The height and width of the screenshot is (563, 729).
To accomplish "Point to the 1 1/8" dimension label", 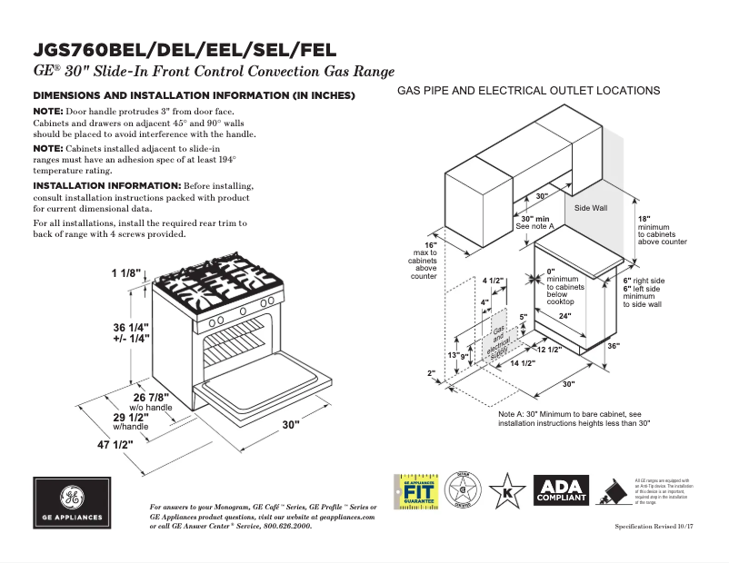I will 128,273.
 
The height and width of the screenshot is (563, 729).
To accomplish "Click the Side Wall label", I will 591,208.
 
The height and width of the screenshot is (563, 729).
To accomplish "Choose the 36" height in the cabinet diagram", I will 638,346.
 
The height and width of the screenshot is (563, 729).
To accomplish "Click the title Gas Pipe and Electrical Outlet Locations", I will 528,91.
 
